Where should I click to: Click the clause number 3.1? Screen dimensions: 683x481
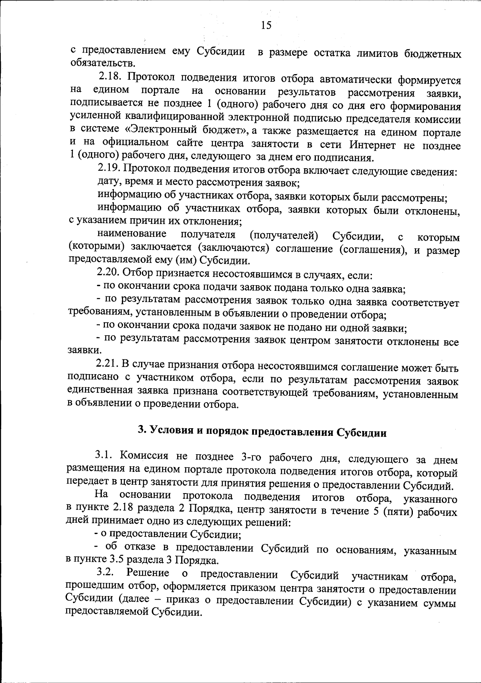point(105,455)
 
